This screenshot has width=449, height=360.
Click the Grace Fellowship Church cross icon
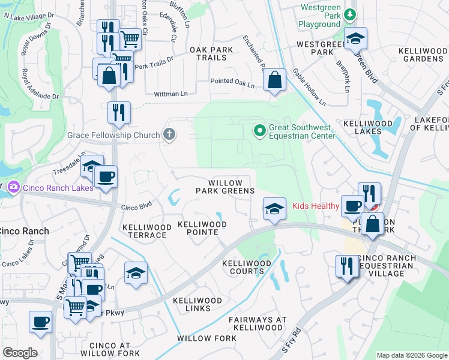169,134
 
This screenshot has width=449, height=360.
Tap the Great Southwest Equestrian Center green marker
260,130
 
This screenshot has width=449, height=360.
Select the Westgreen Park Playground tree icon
350,14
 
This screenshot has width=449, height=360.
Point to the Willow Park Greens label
226,187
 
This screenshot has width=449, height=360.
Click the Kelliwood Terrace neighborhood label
145,231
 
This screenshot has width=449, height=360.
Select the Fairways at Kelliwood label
258,323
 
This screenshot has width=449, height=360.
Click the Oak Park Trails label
208,53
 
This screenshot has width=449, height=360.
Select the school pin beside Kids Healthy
274,208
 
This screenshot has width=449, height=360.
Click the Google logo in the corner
20,353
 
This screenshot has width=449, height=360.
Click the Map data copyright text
412,355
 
